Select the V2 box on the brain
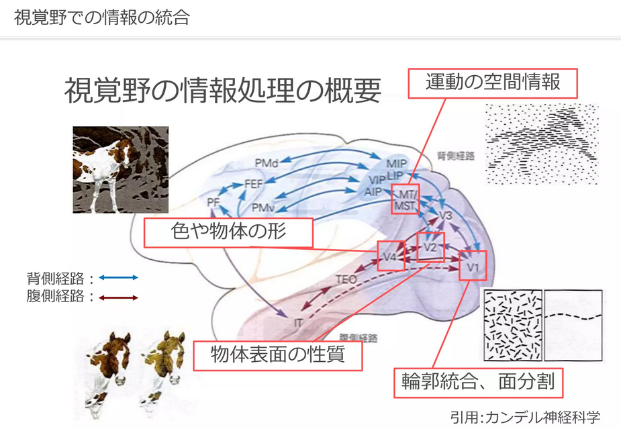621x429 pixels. point(431,247)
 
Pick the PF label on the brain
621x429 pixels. point(213,201)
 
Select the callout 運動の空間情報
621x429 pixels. point(493,83)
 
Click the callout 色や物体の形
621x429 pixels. point(229,233)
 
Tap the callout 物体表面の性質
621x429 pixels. point(278,354)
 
